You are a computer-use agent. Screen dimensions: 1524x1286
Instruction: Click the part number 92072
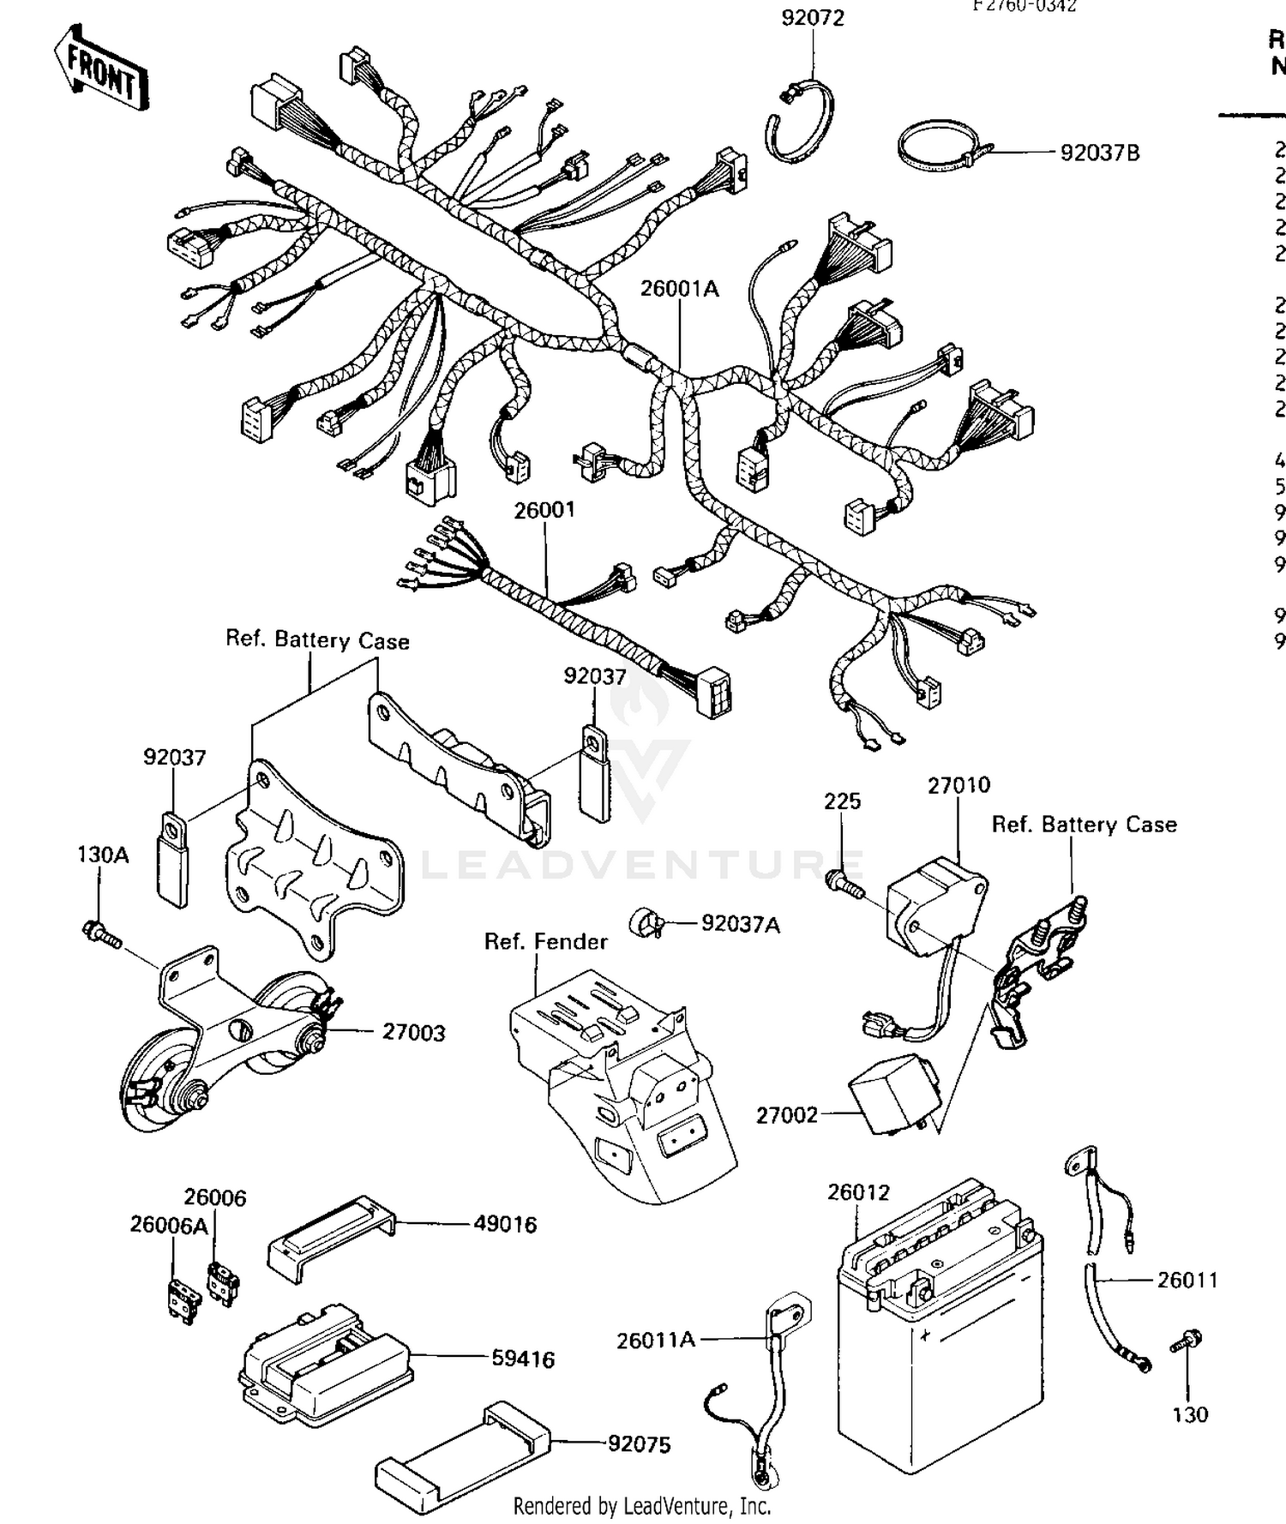click(x=812, y=18)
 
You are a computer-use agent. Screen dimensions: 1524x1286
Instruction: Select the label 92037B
click(x=1099, y=153)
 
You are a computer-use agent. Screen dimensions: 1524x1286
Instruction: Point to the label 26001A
click(x=679, y=289)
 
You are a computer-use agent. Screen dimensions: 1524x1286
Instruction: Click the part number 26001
click(x=544, y=510)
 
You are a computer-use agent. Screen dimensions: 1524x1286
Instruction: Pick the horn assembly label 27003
click(x=413, y=1032)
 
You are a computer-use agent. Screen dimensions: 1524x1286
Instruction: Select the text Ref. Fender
click(x=545, y=941)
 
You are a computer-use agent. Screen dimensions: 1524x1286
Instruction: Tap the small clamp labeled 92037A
click(x=646, y=923)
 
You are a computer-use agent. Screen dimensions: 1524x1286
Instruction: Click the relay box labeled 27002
click(x=892, y=1096)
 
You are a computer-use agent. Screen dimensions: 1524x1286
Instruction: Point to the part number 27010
click(x=958, y=785)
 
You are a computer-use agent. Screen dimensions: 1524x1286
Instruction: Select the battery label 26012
click(x=858, y=1192)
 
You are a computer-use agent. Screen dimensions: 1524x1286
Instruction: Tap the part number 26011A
click(x=655, y=1340)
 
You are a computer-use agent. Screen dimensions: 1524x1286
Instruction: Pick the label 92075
click(x=639, y=1444)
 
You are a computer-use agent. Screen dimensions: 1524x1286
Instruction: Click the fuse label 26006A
click(x=168, y=1225)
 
